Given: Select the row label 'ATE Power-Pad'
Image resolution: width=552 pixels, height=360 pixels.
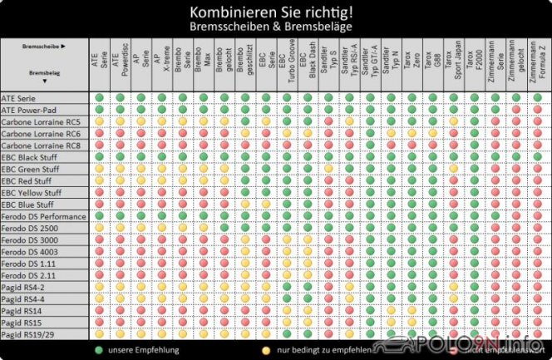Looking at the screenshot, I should (x=30, y=110).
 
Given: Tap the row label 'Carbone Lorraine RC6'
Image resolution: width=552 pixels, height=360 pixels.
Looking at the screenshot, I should (x=42, y=133).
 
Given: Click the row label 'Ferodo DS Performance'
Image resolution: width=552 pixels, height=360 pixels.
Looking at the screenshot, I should (x=43, y=216).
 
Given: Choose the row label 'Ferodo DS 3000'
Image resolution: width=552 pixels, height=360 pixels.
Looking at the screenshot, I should (x=30, y=239).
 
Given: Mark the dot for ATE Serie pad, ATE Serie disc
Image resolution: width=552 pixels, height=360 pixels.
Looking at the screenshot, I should (x=100, y=98).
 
